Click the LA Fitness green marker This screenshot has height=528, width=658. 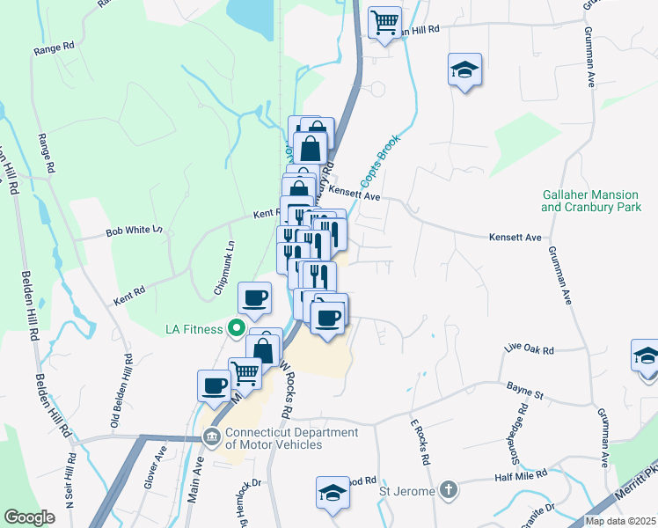click(236, 330)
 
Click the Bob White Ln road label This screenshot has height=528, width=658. click(134, 231)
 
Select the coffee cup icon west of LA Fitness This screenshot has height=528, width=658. click(215, 385)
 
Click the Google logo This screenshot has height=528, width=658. click(29, 517)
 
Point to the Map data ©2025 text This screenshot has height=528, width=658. click(620, 521)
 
